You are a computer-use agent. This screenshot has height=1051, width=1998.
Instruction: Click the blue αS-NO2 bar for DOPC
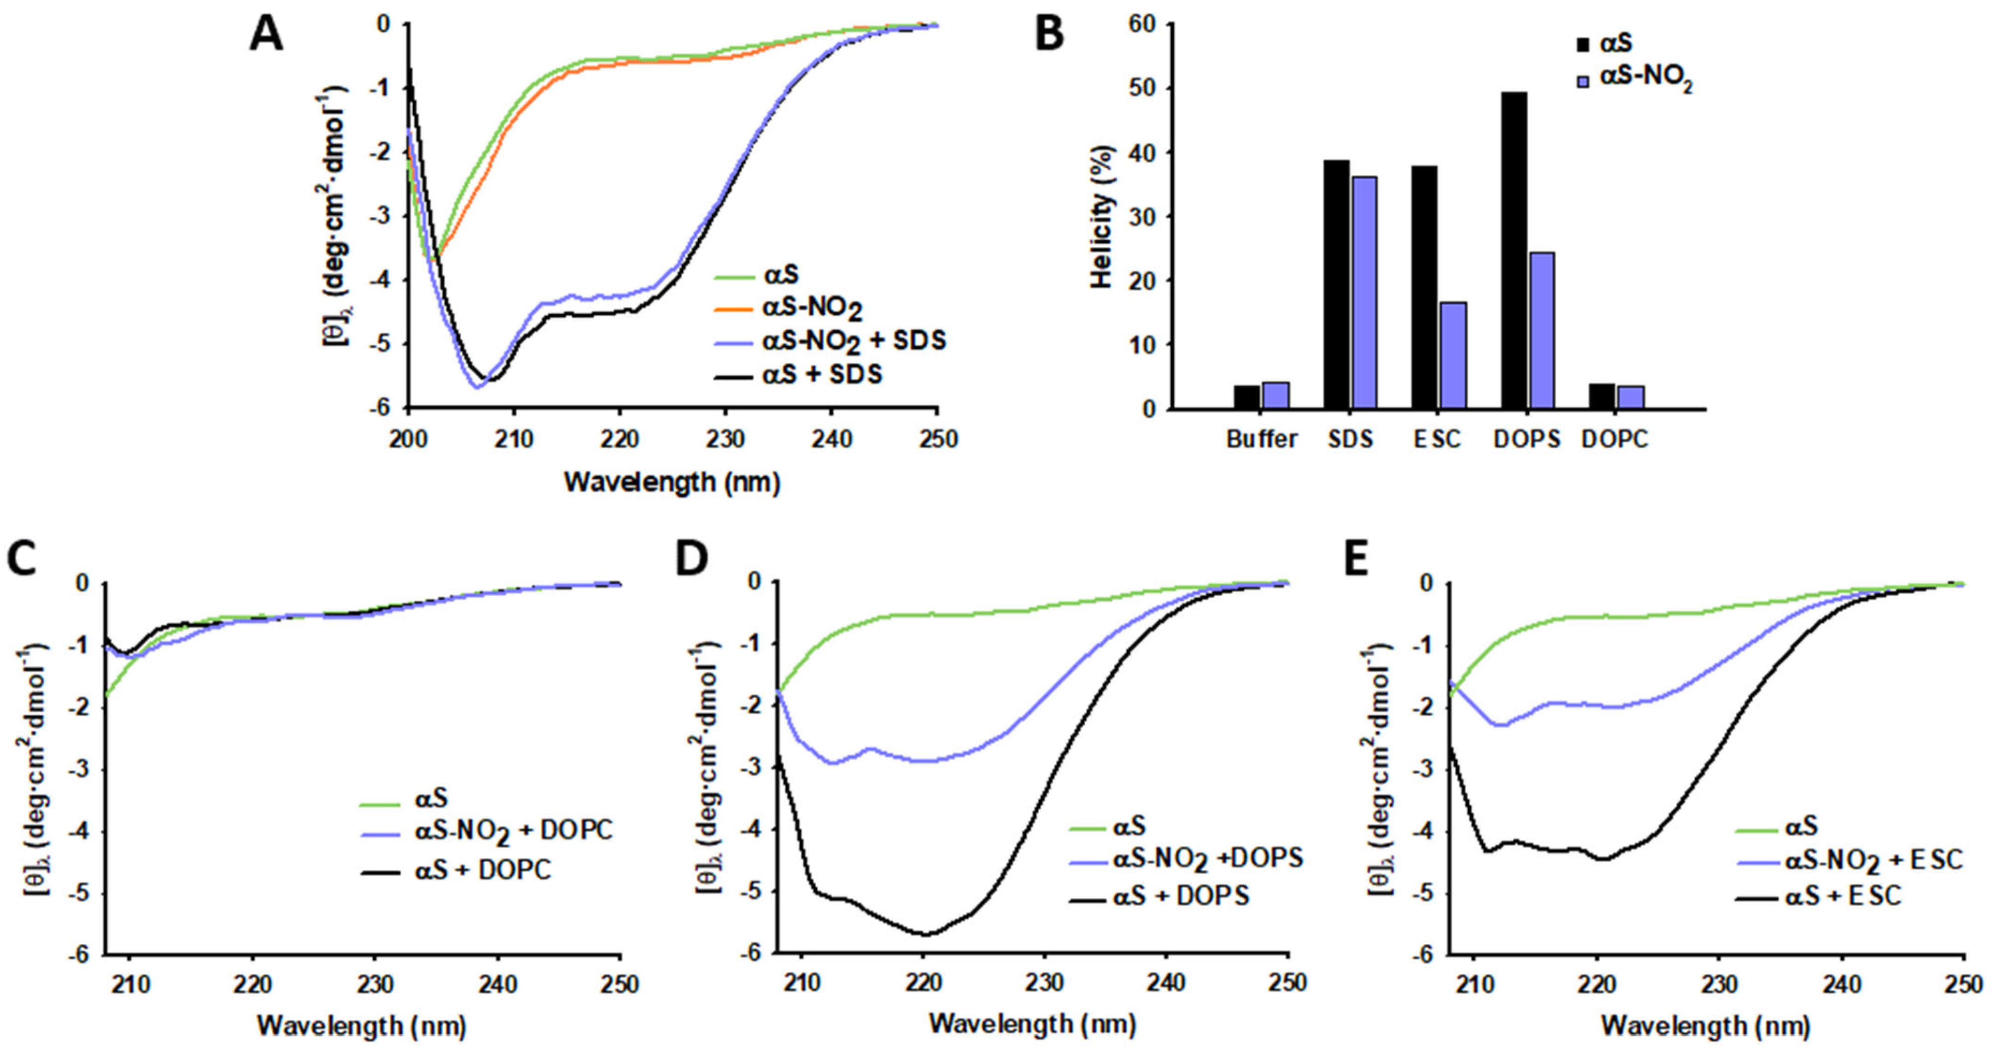(1631, 397)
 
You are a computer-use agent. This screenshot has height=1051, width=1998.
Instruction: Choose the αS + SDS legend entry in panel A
(822, 375)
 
